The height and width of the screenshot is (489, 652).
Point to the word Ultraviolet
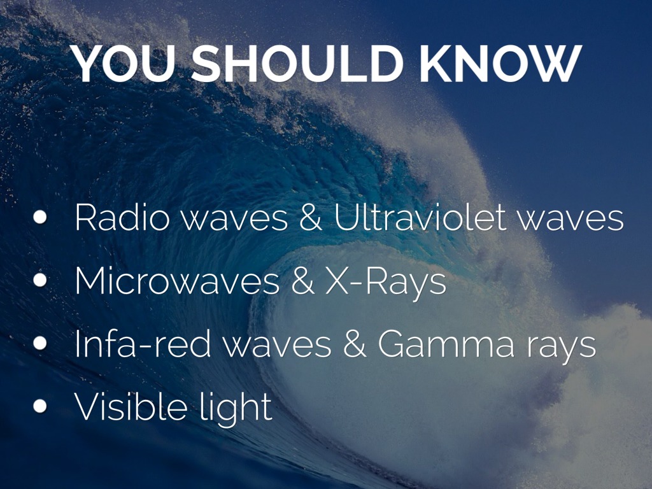point(420,218)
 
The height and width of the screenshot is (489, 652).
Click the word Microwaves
point(177,281)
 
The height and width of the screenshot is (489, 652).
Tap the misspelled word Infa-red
point(140,344)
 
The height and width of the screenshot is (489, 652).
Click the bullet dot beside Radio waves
point(41,218)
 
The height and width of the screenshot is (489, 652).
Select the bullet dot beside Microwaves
point(41,281)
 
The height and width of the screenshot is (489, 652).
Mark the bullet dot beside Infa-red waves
point(41,344)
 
